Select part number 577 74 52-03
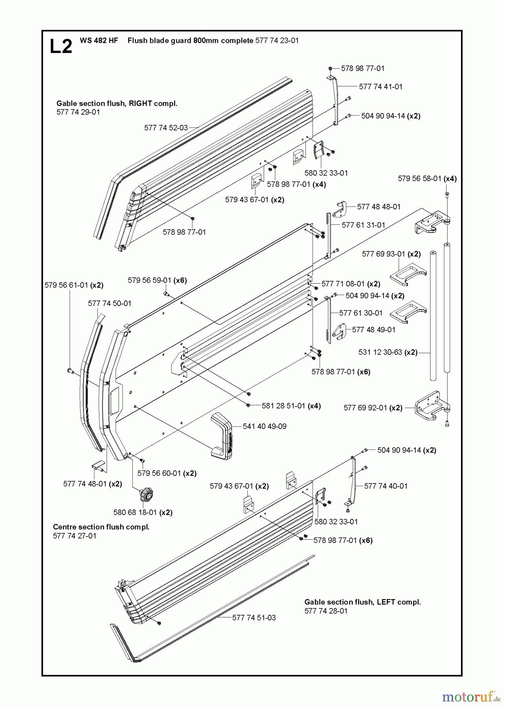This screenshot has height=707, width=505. (x=165, y=128)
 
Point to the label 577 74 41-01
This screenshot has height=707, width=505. (x=380, y=87)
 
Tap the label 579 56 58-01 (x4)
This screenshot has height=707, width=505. (x=427, y=179)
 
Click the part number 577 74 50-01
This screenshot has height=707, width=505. (x=110, y=303)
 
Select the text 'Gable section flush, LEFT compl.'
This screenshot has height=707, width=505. (x=362, y=602)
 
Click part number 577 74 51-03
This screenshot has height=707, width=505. (x=254, y=617)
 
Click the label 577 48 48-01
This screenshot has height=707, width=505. (x=379, y=207)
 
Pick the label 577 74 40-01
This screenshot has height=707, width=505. (x=386, y=486)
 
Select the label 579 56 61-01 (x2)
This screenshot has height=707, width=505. (x=74, y=285)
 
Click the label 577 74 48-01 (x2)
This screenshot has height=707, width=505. (x=92, y=484)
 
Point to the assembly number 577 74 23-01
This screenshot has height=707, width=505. (x=277, y=40)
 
